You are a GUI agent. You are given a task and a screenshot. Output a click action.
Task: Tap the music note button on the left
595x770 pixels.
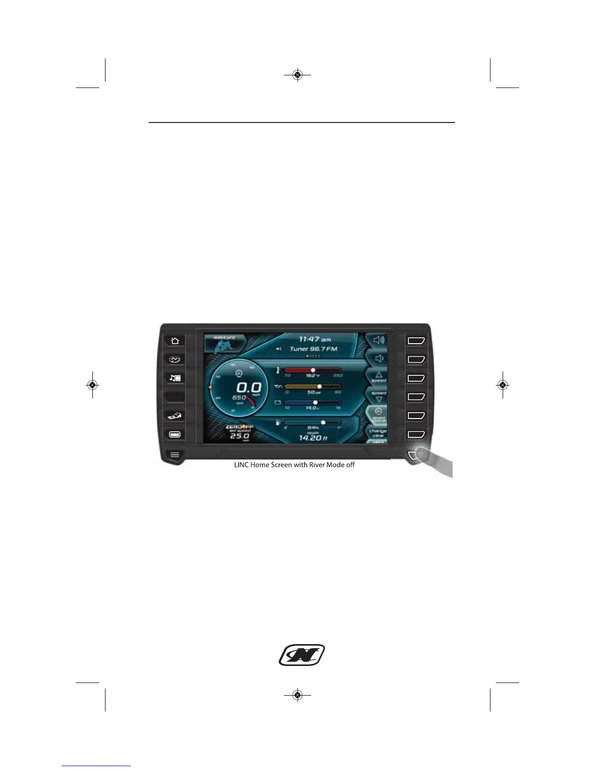click(175, 378)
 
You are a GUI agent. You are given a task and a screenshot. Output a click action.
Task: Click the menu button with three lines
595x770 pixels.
click(175, 455)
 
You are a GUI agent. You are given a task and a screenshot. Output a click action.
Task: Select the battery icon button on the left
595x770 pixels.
click(175, 434)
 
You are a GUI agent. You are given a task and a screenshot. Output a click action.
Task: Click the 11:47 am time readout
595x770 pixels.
click(315, 339)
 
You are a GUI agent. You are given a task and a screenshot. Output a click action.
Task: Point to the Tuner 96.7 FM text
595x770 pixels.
click(313, 349)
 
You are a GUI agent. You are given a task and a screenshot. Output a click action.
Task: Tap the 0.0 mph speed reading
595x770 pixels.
click(249, 387)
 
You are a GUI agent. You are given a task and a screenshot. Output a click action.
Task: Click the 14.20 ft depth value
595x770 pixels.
click(313, 438)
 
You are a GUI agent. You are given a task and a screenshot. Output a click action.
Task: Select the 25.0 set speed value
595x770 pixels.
click(239, 436)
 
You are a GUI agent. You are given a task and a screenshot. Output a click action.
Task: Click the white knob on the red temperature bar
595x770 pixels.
click(313, 370)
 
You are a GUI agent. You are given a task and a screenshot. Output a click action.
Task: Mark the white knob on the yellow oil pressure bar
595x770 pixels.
click(319, 386)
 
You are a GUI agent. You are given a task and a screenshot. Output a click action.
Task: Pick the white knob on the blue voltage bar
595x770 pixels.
click(315, 402)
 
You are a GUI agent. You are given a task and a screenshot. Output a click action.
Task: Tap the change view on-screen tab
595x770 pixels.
click(378, 433)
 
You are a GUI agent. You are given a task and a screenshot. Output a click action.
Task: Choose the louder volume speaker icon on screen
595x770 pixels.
click(378, 340)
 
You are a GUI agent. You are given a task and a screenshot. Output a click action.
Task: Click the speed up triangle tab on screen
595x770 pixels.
click(378, 377)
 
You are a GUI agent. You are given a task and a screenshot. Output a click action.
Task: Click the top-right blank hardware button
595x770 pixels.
click(416, 340)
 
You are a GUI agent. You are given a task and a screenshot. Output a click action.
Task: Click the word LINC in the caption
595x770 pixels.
click(242, 465)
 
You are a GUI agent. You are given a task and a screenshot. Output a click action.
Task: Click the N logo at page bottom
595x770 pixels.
click(301, 655)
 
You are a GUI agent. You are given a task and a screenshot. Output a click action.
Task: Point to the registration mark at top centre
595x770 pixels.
click(297, 75)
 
